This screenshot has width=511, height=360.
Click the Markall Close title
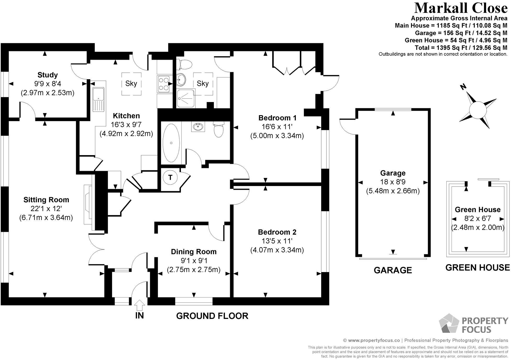(460, 8)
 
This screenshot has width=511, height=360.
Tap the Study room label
(47, 75)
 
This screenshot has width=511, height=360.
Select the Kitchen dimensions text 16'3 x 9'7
(126, 125)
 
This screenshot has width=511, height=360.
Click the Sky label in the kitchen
(131, 83)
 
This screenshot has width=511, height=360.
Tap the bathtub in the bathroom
(171, 143)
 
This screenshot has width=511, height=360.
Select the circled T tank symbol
(170, 177)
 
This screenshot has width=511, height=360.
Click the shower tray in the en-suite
(186, 98)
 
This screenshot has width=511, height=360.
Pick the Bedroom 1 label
(277, 118)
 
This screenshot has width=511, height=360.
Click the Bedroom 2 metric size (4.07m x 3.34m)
(277, 250)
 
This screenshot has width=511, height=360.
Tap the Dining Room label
(194, 252)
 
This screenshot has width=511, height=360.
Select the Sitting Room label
(46, 200)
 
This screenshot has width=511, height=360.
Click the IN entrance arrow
(139, 305)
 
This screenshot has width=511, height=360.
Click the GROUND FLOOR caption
(212, 316)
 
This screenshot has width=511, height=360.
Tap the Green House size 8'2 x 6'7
(477, 218)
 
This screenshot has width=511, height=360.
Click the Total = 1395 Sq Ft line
(461, 48)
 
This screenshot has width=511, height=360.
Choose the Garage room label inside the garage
(393, 173)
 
